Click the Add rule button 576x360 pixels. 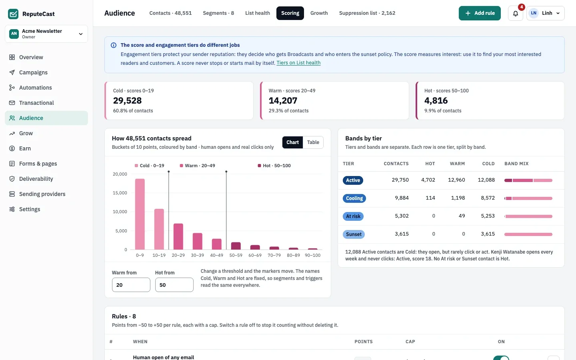point(480,13)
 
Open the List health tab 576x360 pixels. point(258,13)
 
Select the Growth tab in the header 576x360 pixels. point(319,13)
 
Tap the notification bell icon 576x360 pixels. point(515,13)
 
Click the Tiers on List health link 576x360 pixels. point(298,63)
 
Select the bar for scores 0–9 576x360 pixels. point(140,214)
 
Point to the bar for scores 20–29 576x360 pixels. point(178,236)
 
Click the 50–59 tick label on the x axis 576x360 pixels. point(236,255)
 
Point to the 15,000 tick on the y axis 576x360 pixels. point(120,193)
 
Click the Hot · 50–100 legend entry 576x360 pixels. point(274,166)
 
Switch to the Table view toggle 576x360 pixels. point(313,142)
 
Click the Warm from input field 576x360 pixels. point(131,285)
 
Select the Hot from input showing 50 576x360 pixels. point(174,285)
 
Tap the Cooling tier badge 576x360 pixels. point(354,198)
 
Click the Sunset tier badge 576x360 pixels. point(354,234)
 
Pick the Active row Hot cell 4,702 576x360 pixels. point(428,180)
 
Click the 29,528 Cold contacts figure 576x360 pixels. point(127,100)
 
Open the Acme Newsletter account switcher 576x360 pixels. point(46,34)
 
